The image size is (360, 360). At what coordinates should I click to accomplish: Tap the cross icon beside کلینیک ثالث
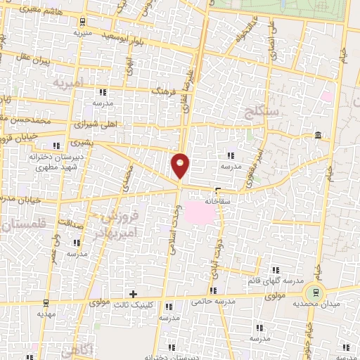(133, 293)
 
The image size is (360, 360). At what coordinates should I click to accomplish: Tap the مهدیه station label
(46, 315)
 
